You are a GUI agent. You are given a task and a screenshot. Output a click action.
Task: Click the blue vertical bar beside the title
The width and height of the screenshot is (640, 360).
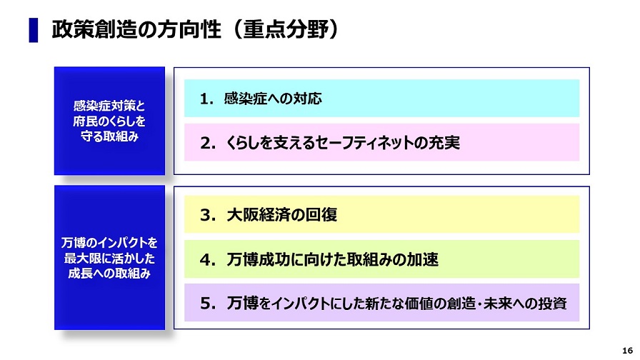click(x=34, y=30)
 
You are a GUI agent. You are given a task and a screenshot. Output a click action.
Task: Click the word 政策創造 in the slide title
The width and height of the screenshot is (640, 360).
click(x=94, y=29)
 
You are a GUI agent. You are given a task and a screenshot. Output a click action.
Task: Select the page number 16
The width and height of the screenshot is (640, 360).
click(x=627, y=351)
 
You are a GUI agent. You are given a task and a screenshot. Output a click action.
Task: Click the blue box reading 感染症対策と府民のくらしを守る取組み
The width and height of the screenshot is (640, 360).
click(x=109, y=121)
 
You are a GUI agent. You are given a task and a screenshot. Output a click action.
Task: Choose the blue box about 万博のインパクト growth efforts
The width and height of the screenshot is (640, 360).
click(x=109, y=258)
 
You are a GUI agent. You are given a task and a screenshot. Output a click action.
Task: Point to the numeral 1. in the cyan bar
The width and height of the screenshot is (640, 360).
click(x=206, y=99)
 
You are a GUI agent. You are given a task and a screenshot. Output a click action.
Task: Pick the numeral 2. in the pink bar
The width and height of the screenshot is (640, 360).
click(x=207, y=143)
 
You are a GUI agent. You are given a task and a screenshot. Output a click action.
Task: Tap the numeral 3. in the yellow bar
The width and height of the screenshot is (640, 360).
click(x=207, y=215)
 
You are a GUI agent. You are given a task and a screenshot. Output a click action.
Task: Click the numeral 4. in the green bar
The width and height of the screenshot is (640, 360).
click(x=207, y=259)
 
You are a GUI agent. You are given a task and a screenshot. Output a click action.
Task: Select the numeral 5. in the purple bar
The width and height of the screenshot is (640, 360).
click(x=207, y=304)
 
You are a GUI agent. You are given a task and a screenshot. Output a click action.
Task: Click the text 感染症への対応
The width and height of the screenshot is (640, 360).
click(x=273, y=99)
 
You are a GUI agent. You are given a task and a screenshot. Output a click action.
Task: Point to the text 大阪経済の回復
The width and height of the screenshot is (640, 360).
click(x=281, y=215)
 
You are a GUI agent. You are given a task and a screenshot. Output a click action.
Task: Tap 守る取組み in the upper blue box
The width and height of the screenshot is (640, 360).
click(x=109, y=136)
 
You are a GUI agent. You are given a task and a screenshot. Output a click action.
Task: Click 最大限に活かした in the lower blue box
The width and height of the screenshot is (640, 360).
click(x=109, y=258)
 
